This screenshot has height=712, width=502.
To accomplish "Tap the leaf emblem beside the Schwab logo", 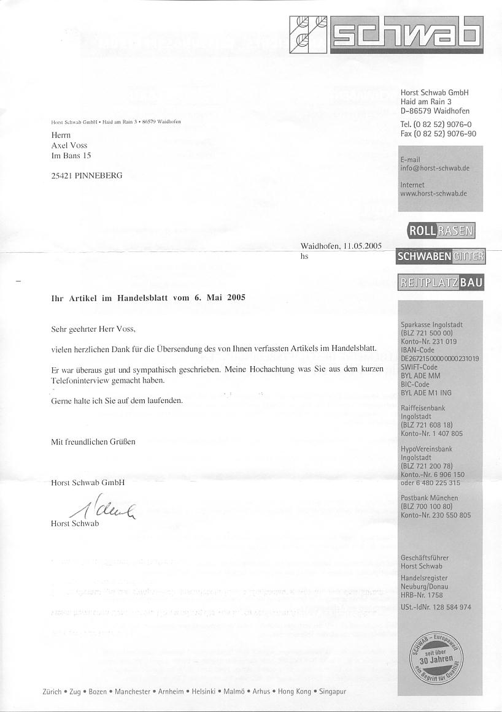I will pos(309,33).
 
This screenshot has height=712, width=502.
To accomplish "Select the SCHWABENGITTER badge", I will pos(441,256).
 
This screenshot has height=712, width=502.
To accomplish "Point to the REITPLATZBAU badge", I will pos(441,283).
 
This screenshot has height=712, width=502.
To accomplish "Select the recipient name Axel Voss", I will pos(69,145).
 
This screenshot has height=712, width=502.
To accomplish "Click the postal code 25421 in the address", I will pos(62,175).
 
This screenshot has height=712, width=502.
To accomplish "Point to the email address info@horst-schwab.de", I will pos(434,168).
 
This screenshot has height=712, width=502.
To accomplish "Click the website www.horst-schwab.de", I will pos(433,193).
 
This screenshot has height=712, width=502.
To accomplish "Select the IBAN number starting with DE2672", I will pos(439,358).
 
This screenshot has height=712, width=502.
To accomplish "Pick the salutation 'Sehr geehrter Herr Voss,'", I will pos(93,329).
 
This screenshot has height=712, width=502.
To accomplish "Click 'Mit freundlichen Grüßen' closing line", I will pos(93,441).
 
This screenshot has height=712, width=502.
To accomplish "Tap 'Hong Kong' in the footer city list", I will pos(294,692).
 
